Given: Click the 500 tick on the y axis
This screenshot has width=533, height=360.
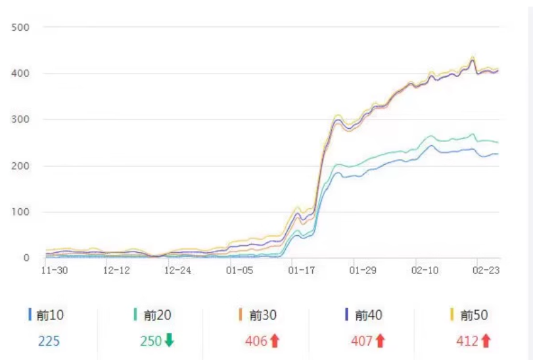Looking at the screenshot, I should [20, 28].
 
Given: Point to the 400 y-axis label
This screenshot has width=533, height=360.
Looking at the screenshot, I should [20, 74].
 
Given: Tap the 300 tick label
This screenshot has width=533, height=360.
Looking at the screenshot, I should [20, 120].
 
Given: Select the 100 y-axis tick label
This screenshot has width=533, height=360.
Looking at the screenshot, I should [20, 212].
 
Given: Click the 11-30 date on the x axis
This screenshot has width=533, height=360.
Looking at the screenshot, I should [54, 270].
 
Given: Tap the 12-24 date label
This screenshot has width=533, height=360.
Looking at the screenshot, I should [178, 270].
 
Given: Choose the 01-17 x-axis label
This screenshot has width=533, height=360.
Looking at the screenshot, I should [302, 270].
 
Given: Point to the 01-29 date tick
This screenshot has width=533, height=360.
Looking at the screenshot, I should [363, 270].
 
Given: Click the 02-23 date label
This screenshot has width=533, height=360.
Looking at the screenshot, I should [486, 270].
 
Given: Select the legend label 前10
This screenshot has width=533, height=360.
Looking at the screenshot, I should [51, 315].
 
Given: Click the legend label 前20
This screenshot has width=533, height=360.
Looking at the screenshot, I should [157, 315].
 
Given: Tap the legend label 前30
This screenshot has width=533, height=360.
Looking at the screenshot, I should [263, 315].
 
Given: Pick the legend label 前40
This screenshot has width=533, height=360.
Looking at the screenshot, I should [368, 315].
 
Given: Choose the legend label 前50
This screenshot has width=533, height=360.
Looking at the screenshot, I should [474, 315].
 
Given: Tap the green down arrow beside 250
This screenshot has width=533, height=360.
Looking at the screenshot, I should [170, 341].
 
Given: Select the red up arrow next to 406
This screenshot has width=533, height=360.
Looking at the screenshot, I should [275, 341].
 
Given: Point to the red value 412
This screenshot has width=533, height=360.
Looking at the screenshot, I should [467, 341].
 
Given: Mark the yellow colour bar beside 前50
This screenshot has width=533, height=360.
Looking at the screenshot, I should [452, 315].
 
